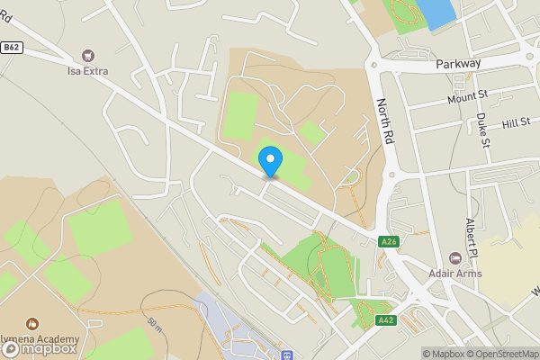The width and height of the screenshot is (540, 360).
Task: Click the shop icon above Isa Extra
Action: (88, 55)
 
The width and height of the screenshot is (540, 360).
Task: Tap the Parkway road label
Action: (459, 64)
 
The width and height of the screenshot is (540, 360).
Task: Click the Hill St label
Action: (517, 122)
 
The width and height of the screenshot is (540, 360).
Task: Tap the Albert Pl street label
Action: (470, 235)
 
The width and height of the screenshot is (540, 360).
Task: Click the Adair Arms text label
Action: (455, 274)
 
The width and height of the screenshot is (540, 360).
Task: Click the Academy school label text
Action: (40, 339)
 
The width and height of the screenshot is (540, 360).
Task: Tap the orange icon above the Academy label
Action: (32, 322)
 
